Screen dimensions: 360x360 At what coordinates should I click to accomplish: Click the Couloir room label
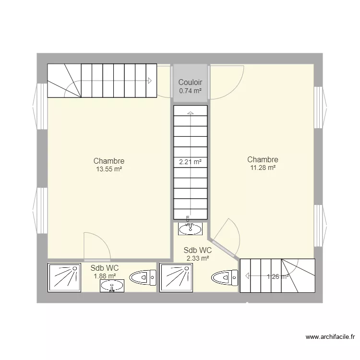[190, 83]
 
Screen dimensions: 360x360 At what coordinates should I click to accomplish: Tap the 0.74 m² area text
[190, 90]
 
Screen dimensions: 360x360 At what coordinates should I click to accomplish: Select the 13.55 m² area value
[109, 169]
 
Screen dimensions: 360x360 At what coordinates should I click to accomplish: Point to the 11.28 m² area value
[263, 168]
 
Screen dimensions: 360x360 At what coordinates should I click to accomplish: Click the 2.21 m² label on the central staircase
[190, 162]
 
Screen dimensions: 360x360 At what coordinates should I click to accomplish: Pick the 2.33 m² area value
[197, 258]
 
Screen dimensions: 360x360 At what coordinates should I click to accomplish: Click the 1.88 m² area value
[105, 276]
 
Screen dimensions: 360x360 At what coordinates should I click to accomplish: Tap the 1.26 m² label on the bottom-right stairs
[277, 276]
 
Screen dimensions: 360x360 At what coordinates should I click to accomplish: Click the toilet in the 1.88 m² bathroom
[144, 277]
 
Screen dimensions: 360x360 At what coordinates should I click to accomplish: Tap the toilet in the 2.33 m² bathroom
[225, 277]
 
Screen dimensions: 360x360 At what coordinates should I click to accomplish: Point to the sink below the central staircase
[190, 229]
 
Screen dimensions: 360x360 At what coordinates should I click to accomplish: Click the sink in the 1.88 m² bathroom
[112, 286]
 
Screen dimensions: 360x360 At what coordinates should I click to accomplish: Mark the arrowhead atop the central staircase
[190, 113]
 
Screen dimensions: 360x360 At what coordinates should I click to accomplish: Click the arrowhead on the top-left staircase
[150, 81]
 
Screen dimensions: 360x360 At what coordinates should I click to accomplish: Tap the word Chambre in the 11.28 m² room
[263, 159]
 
